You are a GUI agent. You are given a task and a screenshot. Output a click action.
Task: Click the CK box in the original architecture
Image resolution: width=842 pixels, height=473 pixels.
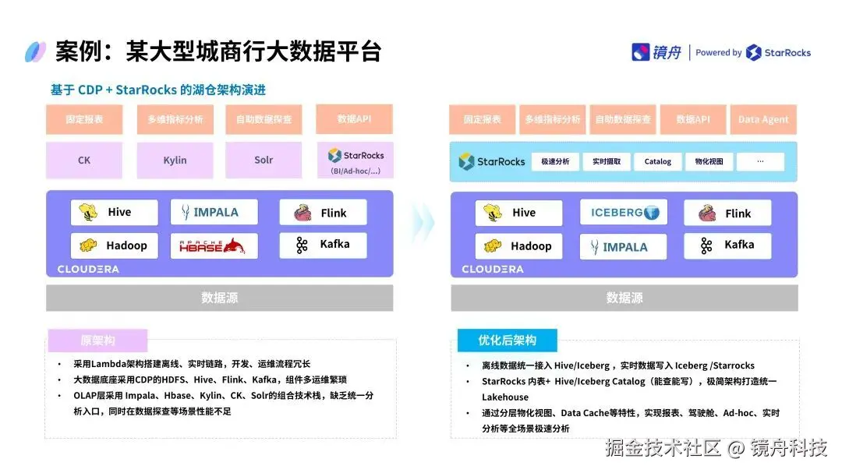(84, 161)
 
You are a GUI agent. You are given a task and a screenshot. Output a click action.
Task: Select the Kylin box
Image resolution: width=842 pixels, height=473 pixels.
(175, 161)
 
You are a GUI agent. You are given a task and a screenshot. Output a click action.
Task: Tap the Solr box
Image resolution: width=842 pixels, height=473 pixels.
(264, 161)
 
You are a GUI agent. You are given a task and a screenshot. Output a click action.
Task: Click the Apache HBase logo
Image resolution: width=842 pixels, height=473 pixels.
(213, 246)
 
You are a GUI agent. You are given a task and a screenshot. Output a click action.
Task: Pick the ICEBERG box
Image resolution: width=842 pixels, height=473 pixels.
(624, 213)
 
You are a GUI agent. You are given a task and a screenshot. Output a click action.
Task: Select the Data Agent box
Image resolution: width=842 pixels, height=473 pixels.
(763, 120)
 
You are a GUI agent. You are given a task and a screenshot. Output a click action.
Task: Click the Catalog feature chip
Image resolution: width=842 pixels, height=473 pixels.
(657, 162)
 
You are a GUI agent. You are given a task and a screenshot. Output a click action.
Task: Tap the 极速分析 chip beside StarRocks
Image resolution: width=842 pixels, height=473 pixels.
(555, 162)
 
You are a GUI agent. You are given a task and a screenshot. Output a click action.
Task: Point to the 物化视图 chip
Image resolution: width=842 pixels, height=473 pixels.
(709, 162)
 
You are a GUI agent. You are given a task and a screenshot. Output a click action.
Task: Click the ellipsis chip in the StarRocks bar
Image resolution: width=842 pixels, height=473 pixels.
(759, 162)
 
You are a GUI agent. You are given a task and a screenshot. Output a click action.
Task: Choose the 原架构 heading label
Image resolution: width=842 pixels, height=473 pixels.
(97, 341)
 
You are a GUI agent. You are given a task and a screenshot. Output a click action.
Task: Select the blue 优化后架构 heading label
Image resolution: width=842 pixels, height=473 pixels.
(507, 341)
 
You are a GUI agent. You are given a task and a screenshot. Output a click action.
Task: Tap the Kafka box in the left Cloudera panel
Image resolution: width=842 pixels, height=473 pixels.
(323, 245)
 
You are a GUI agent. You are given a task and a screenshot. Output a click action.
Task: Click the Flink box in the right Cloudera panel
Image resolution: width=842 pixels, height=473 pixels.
(727, 214)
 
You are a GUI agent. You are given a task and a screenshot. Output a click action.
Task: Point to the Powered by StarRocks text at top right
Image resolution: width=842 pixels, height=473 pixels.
(753, 53)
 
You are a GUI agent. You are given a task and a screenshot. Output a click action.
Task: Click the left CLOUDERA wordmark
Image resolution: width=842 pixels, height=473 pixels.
(88, 270)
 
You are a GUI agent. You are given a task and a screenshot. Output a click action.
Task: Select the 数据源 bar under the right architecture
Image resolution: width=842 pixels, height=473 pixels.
(624, 298)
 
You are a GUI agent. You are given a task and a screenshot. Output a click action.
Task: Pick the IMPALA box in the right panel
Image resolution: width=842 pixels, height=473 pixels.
(624, 247)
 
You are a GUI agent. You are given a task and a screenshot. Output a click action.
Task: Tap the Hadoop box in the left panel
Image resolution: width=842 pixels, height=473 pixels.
(115, 245)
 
